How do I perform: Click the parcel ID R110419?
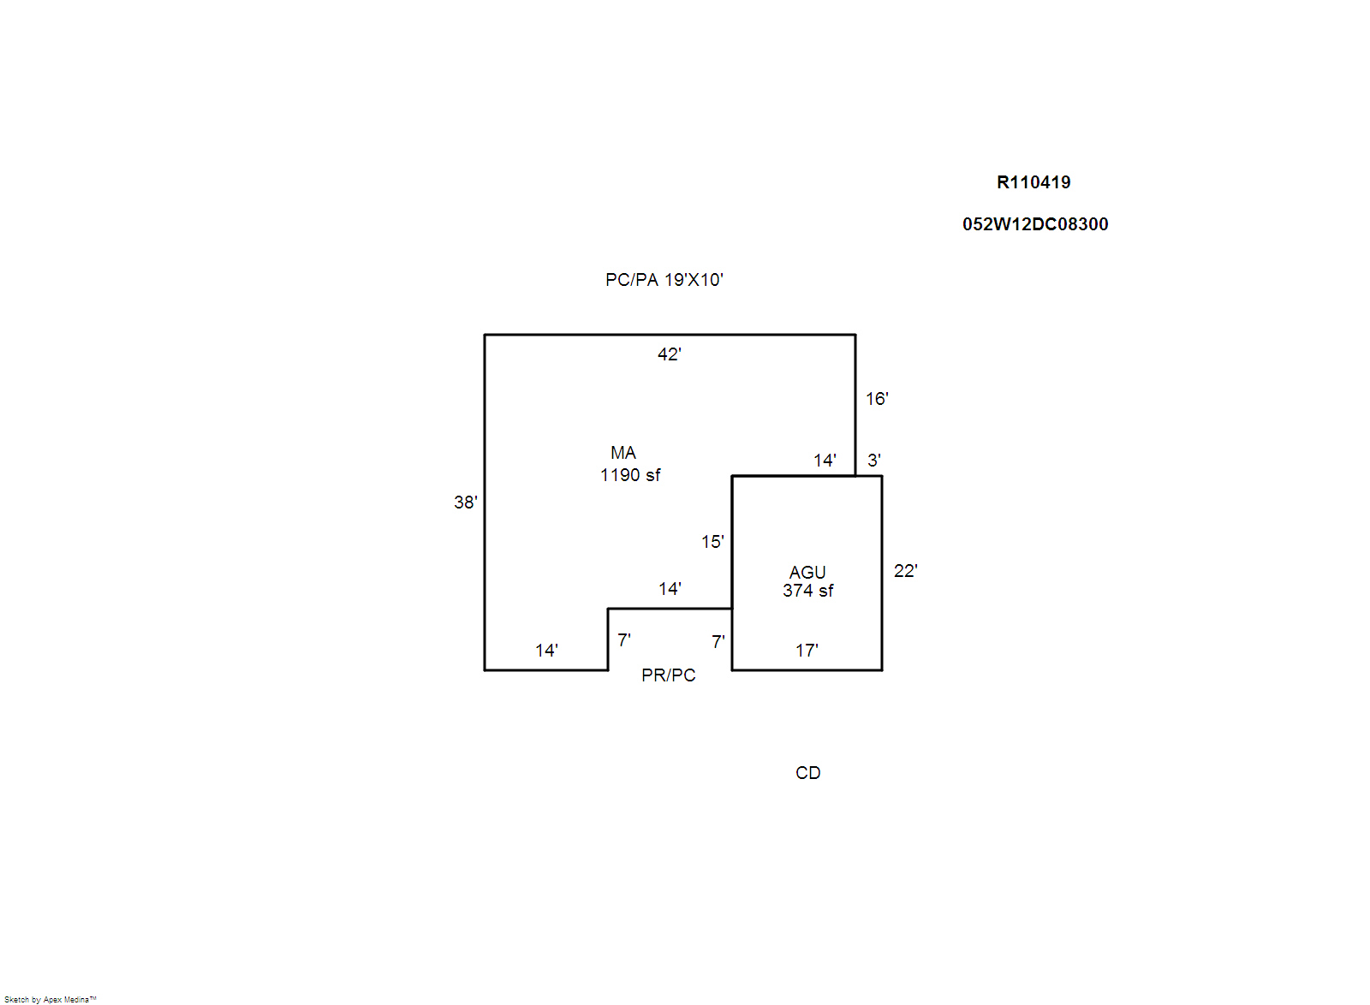(1033, 182)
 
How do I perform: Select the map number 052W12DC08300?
(1035, 224)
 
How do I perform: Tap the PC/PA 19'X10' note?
(664, 280)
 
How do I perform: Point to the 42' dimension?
(670, 354)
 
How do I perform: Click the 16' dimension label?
(877, 399)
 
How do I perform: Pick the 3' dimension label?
(874, 461)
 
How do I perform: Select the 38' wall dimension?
(466, 503)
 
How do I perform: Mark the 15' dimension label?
(712, 542)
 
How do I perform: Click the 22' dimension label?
(906, 571)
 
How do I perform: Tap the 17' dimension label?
(807, 651)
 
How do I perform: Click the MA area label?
(623, 453)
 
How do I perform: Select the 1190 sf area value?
(630, 475)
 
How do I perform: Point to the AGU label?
(807, 573)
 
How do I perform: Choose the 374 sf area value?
(808, 591)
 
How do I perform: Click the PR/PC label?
(669, 675)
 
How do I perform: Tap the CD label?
(808, 773)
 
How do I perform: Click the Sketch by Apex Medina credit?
(51, 1000)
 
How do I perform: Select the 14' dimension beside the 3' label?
(825, 461)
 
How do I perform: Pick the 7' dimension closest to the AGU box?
(718, 643)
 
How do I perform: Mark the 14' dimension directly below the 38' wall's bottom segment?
(547, 651)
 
